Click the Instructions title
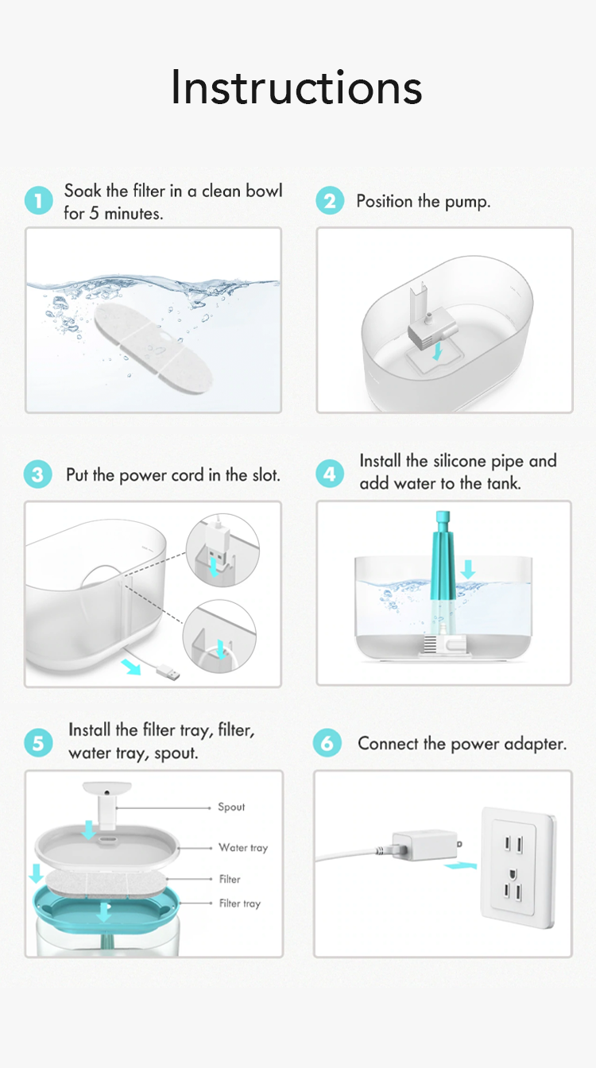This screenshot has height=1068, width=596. [296, 87]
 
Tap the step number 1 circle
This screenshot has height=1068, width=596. [38, 201]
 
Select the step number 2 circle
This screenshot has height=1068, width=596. [330, 201]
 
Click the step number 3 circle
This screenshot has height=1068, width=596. [38, 475]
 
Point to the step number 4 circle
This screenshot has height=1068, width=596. [330, 474]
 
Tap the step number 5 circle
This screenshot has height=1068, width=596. [38, 743]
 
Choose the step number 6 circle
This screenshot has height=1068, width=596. [327, 744]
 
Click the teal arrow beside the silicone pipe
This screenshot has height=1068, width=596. [468, 568]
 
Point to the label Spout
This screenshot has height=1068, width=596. [231, 807]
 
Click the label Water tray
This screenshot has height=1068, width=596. [243, 848]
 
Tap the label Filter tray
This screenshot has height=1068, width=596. [239, 904]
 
